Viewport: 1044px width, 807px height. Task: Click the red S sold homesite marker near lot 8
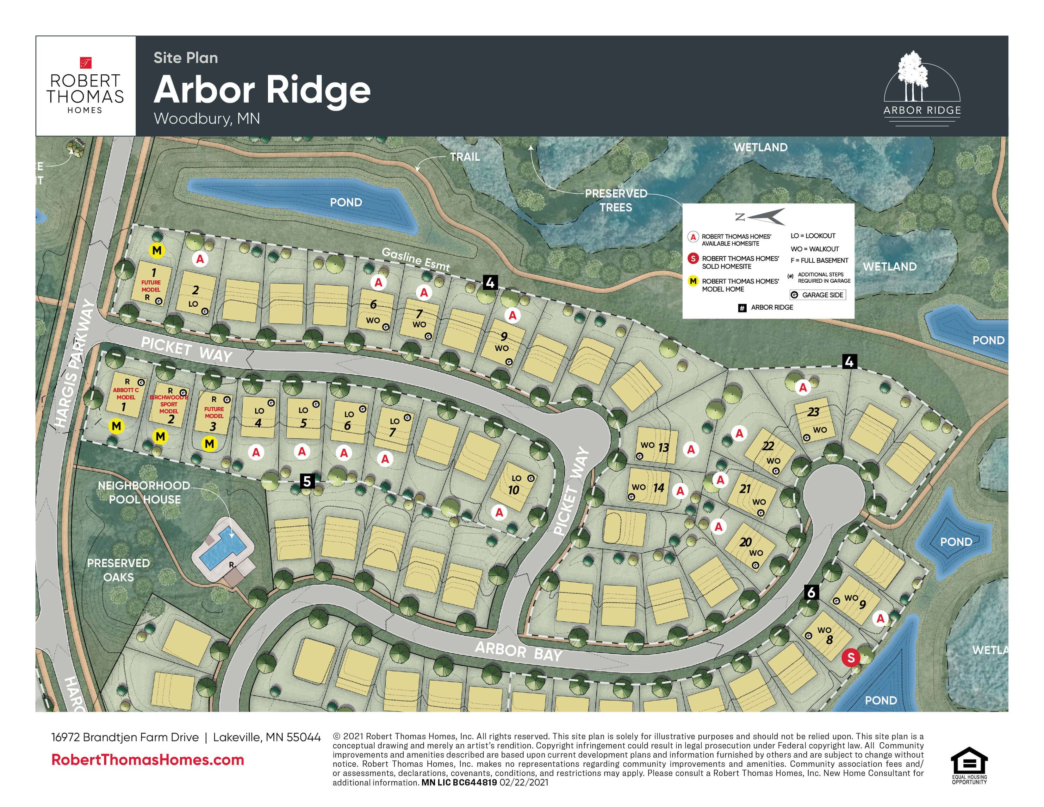tap(851, 658)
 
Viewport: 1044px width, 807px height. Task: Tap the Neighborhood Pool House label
tap(144, 492)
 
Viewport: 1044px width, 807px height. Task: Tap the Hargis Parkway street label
tap(75, 363)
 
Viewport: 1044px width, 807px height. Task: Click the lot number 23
tap(813, 412)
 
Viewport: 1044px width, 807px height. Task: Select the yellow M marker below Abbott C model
tap(116, 426)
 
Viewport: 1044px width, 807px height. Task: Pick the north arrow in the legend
tap(765, 216)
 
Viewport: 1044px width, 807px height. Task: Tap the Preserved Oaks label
tap(119, 570)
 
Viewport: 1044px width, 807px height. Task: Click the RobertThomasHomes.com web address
tap(148, 760)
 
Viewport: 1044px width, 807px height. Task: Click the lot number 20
tap(745, 542)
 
